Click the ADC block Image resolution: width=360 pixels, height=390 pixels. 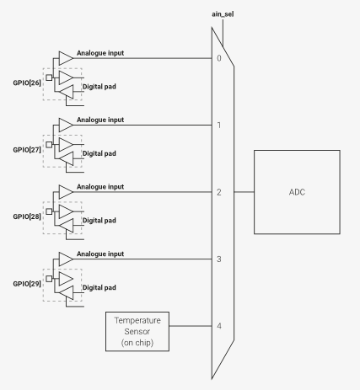[x=297, y=192]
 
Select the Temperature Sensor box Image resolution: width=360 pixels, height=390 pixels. [x=137, y=331]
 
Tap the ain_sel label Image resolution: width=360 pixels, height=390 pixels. [x=223, y=14]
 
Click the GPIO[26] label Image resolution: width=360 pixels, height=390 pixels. [x=27, y=83]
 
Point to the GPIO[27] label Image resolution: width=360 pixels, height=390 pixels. [x=27, y=150]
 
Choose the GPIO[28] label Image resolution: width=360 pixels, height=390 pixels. [x=27, y=216]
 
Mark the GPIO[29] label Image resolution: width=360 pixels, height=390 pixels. [x=27, y=284]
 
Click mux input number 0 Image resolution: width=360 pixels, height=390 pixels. [x=219, y=58]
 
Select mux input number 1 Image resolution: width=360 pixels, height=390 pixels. [x=219, y=125]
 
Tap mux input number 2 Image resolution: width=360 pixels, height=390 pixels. [x=219, y=192]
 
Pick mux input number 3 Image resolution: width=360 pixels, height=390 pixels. [x=219, y=259]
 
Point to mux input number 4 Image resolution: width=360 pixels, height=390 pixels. [x=219, y=326]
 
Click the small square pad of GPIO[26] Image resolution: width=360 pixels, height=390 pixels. [x=49, y=77]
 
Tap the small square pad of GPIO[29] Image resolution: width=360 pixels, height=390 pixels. [x=49, y=279]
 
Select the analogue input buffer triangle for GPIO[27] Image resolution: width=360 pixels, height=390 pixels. [x=66, y=125]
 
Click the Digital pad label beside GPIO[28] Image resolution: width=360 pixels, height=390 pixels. [x=99, y=221]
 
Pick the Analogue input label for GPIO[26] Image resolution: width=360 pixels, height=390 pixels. [x=100, y=53]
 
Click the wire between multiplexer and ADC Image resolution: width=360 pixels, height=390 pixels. [x=244, y=192]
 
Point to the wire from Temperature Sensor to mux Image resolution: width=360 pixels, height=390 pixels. [x=191, y=326]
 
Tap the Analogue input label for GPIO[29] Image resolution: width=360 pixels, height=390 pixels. [x=100, y=254]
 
